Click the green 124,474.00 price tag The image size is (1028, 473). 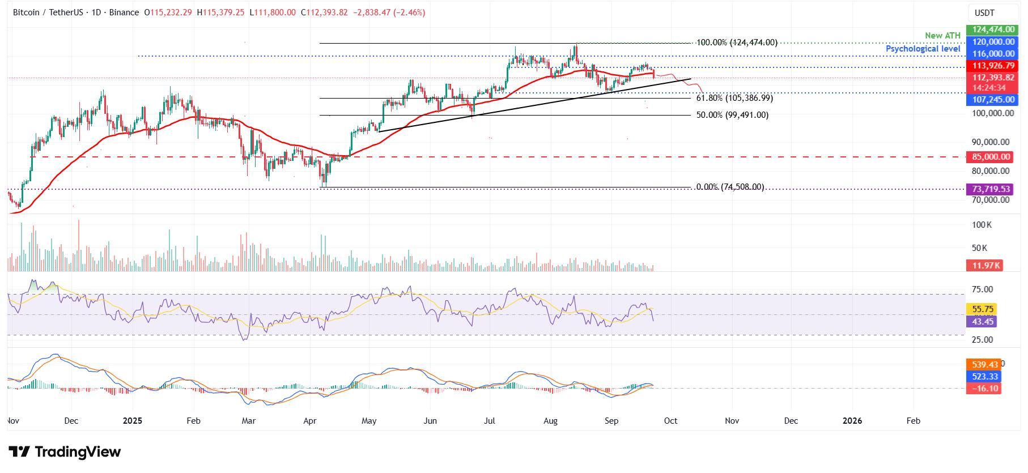[989, 29]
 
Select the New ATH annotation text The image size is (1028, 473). [942, 36]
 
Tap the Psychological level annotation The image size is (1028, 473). [923, 49]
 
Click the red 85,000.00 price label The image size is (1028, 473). [989, 157]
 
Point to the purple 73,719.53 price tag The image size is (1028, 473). [989, 189]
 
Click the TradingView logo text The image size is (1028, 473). [65, 452]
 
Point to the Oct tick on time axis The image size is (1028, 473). [670, 421]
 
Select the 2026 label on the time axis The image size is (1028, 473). [852, 421]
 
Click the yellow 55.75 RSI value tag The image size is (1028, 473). [983, 309]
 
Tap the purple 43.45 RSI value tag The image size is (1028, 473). [983, 321]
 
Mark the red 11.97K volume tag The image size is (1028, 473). [984, 265]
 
